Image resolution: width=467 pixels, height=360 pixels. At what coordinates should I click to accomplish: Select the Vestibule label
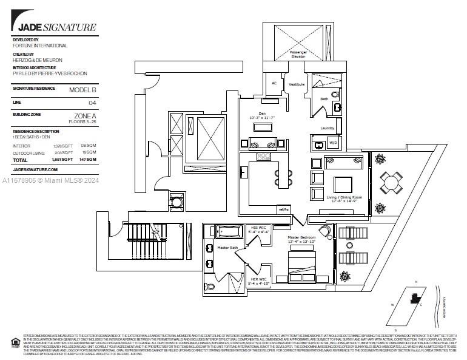[296, 84]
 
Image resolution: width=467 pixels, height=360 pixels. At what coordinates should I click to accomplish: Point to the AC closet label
[274, 83]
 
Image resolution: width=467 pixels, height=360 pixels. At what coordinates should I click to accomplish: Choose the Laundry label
[328, 128]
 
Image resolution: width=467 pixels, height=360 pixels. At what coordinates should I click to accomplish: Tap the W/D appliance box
[333, 144]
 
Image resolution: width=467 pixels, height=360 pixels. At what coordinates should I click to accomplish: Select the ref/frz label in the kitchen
[283, 209]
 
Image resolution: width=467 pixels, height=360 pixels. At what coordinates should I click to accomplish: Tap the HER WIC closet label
[258, 280]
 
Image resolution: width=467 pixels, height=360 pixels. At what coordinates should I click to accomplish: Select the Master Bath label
[227, 247]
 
